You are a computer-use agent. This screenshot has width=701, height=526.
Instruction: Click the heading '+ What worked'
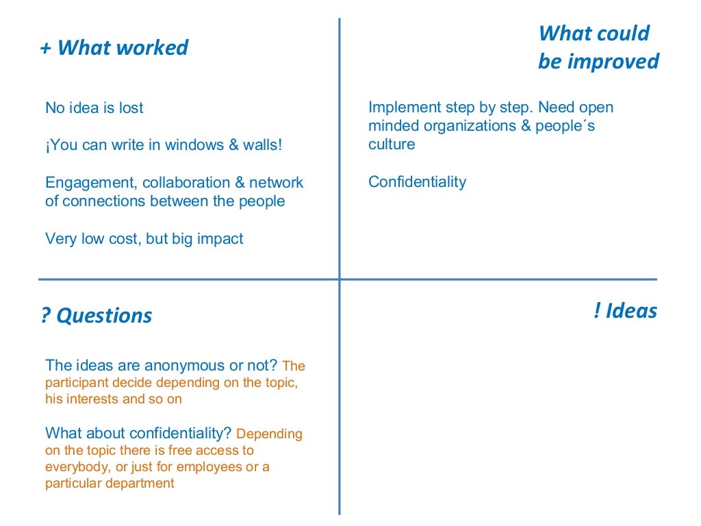(x=114, y=48)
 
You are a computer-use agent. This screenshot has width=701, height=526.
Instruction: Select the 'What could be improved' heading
(x=598, y=47)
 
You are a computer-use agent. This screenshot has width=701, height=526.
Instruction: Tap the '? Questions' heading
(x=97, y=316)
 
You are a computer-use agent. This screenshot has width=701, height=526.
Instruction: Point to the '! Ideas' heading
(x=625, y=311)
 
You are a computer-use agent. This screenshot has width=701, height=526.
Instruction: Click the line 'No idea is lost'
(x=94, y=108)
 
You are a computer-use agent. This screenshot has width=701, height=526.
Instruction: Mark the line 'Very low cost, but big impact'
(x=144, y=239)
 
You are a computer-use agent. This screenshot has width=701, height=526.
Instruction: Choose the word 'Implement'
(x=402, y=108)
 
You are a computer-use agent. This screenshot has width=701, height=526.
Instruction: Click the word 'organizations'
(x=466, y=126)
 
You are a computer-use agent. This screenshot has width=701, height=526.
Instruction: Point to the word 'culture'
(x=392, y=145)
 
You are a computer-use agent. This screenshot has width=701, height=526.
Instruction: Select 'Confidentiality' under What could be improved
(x=417, y=182)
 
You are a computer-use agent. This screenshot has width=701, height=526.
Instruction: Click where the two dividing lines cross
(x=340, y=279)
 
